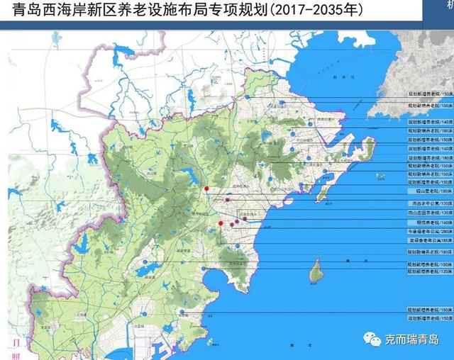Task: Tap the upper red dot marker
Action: tap(206, 189)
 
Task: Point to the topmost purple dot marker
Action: tap(226, 201)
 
